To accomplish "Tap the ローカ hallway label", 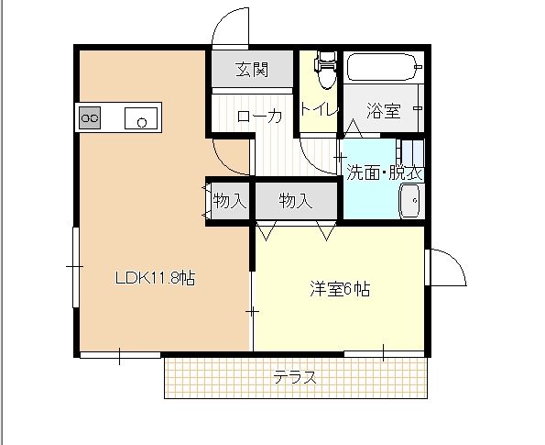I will pyautogui.click(x=259, y=117).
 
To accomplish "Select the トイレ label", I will pyautogui.click(x=319, y=109).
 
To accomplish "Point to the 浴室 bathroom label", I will pyautogui.click(x=384, y=111).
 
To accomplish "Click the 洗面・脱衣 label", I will pyautogui.click(x=383, y=172).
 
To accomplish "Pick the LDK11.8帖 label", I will pyautogui.click(x=153, y=277).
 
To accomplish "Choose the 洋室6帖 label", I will pyautogui.click(x=338, y=289).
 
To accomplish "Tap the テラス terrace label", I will pyautogui.click(x=295, y=377).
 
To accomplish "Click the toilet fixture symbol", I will pyautogui.click(x=324, y=66).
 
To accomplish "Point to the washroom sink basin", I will pyautogui.click(x=410, y=198).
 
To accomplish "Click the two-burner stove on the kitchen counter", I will pyautogui.click(x=90, y=118).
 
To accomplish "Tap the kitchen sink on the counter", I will pyautogui.click(x=141, y=118).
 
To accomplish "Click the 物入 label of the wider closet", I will pyautogui.click(x=296, y=200).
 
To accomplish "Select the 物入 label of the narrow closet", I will pyautogui.click(x=230, y=200).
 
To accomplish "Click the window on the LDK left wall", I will pyautogui.click(x=74, y=265).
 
